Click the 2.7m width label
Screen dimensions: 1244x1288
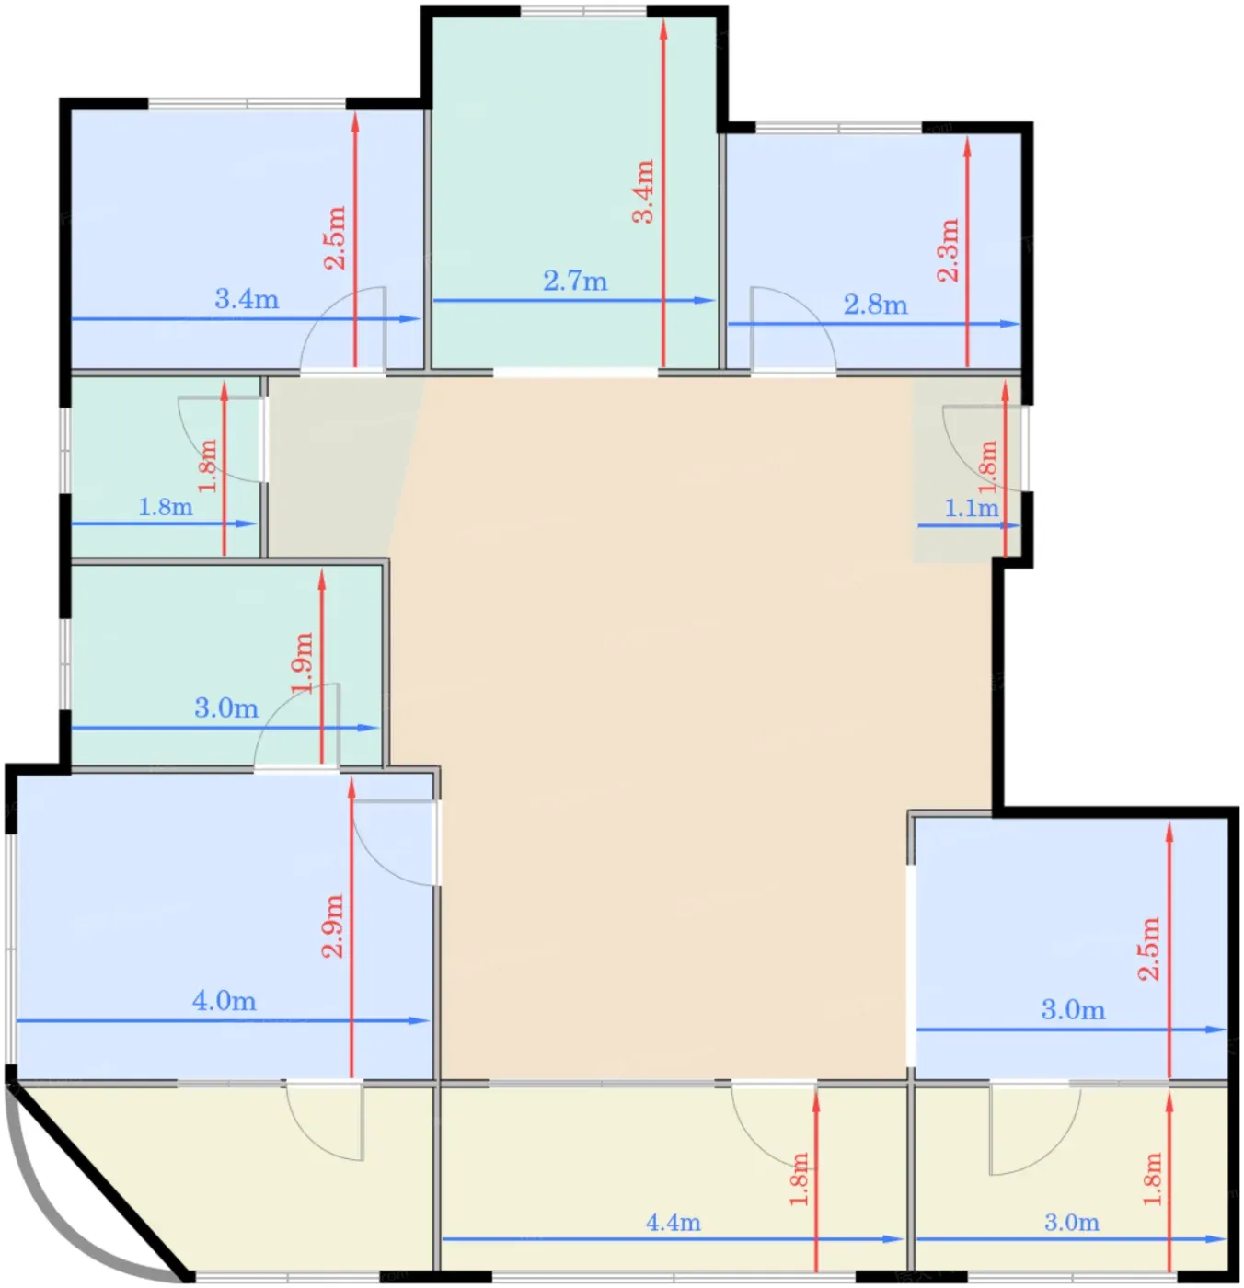click(575, 282)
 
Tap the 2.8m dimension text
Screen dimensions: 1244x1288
click(875, 305)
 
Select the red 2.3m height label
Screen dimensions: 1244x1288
click(948, 249)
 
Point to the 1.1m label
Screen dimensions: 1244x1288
click(971, 508)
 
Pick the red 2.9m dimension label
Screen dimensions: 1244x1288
click(333, 926)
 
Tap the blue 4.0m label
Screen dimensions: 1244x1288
click(224, 1001)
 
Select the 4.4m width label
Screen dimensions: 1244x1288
click(673, 1223)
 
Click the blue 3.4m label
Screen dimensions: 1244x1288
click(247, 299)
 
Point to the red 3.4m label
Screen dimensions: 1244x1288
click(643, 191)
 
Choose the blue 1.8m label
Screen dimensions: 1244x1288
click(166, 507)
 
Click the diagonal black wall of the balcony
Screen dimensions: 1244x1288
click(99, 1183)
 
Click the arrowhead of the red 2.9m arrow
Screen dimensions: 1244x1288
click(351, 788)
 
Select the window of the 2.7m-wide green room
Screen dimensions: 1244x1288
click(582, 11)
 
